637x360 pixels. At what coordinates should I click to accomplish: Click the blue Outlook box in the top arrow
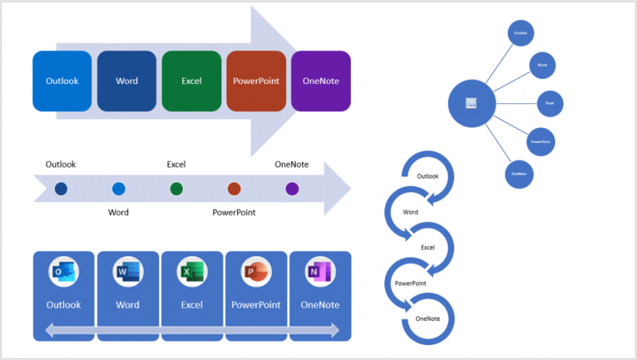(62, 81)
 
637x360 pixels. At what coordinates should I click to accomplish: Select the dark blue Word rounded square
(127, 81)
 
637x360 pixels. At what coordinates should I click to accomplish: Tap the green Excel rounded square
(191, 81)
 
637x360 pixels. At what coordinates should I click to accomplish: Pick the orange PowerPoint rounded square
(256, 81)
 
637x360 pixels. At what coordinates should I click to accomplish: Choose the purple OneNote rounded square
(321, 81)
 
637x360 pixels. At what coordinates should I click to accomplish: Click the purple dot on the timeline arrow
(292, 189)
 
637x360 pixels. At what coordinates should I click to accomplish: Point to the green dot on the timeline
(177, 189)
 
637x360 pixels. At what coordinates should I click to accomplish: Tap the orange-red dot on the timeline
(234, 189)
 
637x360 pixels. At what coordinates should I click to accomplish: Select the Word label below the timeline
(119, 212)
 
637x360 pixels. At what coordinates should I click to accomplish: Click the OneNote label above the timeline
(291, 164)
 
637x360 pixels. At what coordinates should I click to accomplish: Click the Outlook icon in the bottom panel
(64, 272)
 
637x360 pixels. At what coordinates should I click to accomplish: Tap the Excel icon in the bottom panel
(192, 272)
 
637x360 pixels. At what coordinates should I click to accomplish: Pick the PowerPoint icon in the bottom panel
(255, 272)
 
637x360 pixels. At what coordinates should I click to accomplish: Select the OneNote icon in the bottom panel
(320, 272)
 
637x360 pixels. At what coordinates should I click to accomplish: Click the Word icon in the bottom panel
(127, 272)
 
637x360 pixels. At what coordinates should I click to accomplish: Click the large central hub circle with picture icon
(472, 103)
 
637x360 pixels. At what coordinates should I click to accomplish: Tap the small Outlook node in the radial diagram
(520, 33)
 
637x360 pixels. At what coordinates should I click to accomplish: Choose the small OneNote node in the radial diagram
(519, 174)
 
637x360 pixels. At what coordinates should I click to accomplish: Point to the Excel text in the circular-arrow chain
(428, 247)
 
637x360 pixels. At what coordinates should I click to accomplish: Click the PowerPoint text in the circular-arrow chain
(411, 283)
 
